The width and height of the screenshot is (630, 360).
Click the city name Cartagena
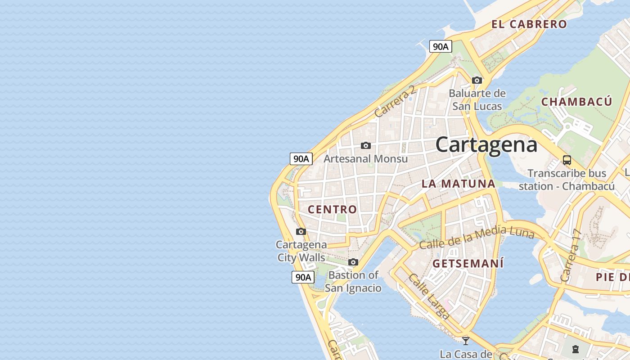(486, 145)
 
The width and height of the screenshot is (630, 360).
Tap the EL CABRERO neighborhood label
(529, 24)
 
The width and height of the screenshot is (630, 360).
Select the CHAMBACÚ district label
(576, 102)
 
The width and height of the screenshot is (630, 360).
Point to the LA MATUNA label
(458, 184)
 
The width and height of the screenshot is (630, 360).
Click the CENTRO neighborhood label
(332, 209)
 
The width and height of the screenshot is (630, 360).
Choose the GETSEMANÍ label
(468, 264)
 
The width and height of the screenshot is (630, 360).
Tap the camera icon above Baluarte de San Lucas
(477, 81)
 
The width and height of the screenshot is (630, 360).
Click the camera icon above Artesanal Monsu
(366, 145)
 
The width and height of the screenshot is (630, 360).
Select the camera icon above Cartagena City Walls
(301, 232)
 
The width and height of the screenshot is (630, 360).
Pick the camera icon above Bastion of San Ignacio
(353, 262)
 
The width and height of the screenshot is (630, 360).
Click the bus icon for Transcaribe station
(567, 160)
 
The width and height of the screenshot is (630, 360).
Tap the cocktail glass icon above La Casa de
(466, 341)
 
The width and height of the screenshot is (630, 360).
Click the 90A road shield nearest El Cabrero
(440, 46)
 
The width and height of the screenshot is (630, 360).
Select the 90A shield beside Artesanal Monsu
(301, 158)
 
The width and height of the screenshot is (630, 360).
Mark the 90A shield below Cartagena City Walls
(302, 277)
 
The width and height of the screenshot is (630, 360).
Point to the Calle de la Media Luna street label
(476, 238)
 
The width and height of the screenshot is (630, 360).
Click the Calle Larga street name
(428, 296)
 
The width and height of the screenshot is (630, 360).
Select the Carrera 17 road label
(571, 256)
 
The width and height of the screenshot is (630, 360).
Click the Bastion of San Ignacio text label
(353, 281)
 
